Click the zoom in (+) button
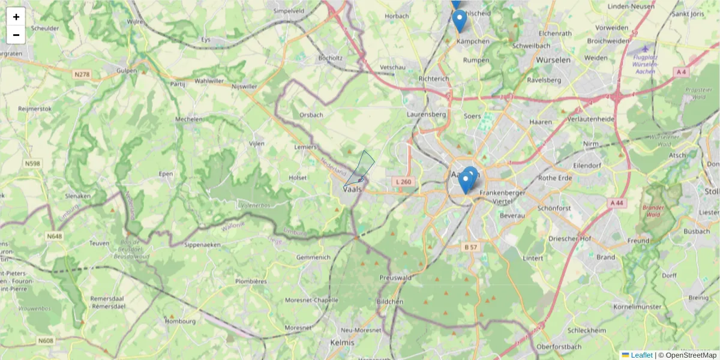(x=16, y=17)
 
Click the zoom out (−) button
(x=16, y=35)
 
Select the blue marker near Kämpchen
(x=459, y=21)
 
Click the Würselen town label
(x=553, y=61)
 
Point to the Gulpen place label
(x=127, y=70)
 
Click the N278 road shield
(x=82, y=74)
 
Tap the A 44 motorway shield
(x=617, y=203)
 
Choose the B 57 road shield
(x=470, y=247)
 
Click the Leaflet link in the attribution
(x=641, y=355)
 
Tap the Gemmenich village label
(x=313, y=257)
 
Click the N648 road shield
(x=54, y=236)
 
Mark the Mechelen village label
(x=188, y=119)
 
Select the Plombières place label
(x=251, y=280)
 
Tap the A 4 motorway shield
(x=681, y=72)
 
